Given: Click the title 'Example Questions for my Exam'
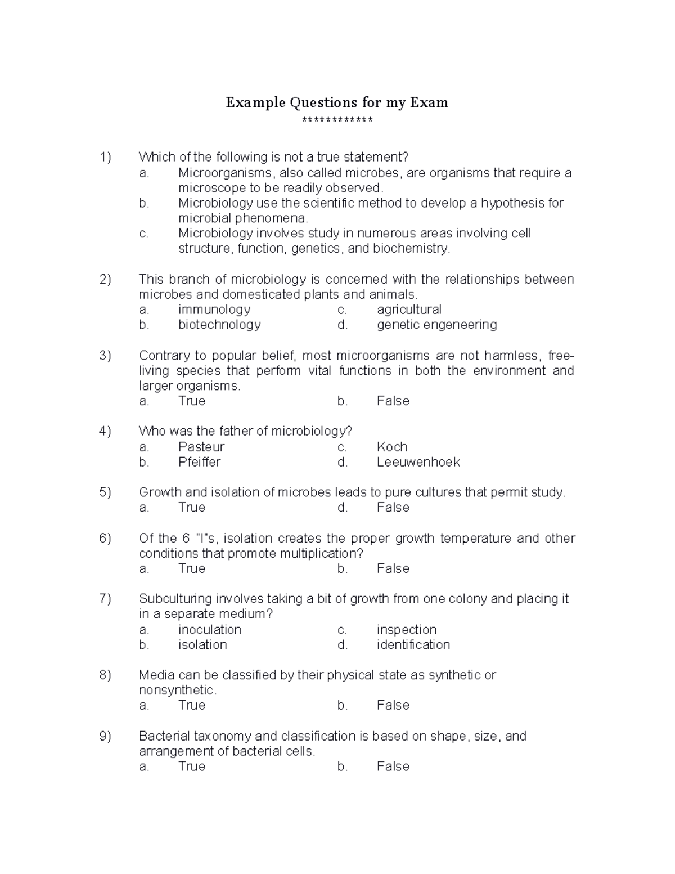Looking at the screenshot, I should [x=337, y=102].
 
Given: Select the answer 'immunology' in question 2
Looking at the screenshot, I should [x=214, y=310].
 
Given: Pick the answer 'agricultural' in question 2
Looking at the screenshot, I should [x=409, y=310].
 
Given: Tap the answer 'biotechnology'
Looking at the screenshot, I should [x=219, y=325].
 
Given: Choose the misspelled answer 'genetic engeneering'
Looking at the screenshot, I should [x=436, y=325].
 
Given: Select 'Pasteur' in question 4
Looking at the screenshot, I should [x=201, y=447].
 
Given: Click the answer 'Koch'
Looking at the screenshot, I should [x=391, y=447].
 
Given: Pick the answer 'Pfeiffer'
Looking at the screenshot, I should [x=199, y=462].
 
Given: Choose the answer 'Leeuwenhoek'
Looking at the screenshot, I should [x=418, y=462].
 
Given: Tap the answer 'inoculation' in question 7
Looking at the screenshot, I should [x=209, y=630].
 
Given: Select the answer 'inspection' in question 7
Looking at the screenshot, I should [x=406, y=630].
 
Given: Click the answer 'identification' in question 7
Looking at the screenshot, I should [x=413, y=645].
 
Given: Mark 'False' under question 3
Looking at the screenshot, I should [x=393, y=401].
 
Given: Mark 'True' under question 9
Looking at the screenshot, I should [x=191, y=767].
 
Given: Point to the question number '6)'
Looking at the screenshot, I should [x=105, y=539].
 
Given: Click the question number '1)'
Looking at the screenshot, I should [x=105, y=157].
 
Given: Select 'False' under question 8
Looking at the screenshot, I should [x=393, y=706].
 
